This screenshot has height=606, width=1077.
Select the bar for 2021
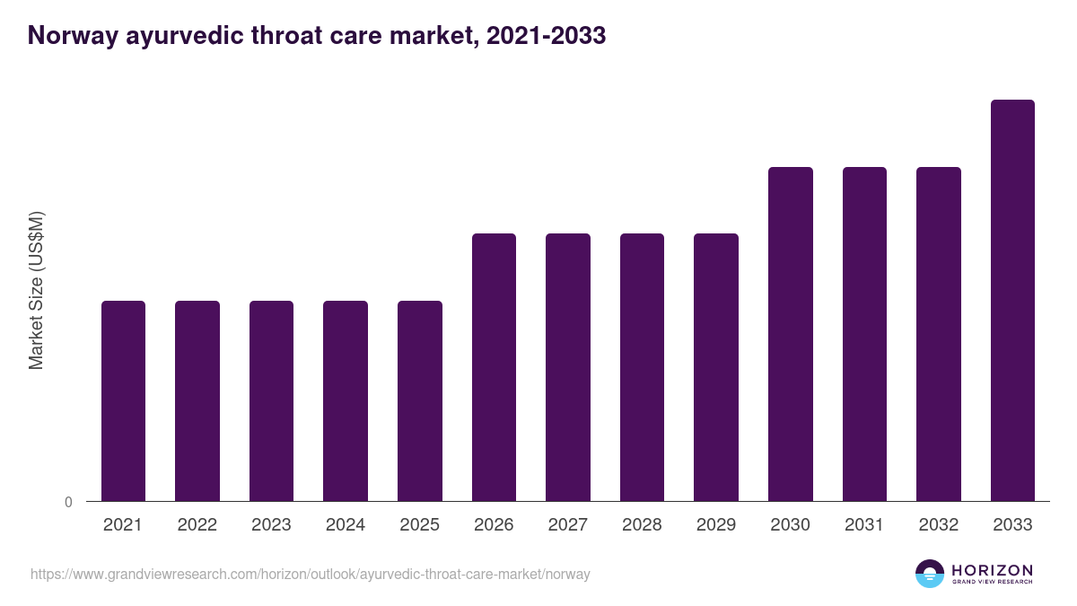tap(123, 400)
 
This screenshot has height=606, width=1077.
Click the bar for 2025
tap(420, 400)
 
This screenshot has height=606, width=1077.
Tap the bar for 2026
tap(494, 367)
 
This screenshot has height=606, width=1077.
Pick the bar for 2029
tap(716, 367)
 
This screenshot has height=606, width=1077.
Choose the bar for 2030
tap(791, 334)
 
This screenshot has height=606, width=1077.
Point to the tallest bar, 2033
tap(1012, 300)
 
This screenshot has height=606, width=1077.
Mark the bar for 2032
tap(939, 334)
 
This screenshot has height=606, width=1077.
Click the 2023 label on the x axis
tap(271, 525)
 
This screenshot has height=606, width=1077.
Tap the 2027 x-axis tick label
tap(568, 525)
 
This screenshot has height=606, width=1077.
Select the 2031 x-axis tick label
tap(864, 525)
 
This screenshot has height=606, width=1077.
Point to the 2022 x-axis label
tap(197, 525)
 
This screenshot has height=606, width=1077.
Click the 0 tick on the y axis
tap(68, 503)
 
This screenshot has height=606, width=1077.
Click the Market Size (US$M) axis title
tap(36, 290)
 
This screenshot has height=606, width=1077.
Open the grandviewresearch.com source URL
tap(311, 574)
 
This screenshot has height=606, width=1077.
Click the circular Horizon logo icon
tap(930, 574)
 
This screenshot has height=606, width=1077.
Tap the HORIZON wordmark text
tap(992, 570)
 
